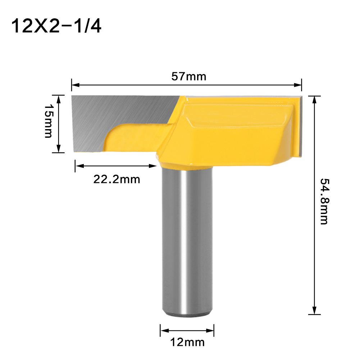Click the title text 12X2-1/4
[56, 26]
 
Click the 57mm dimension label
[186, 76]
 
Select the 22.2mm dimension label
[117, 179]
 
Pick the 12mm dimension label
[187, 342]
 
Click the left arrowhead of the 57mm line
[75, 85]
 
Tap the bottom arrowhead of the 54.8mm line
[315, 311]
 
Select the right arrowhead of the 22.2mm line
[154, 166]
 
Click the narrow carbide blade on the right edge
[299, 126]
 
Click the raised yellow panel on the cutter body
[237, 115]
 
